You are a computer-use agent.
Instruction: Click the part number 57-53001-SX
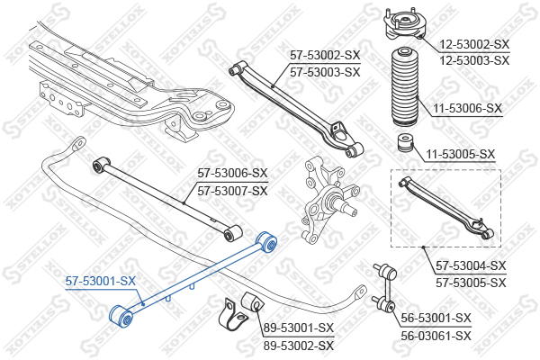(101, 282)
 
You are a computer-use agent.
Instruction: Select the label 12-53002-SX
(474, 44)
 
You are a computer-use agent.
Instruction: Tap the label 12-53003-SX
(474, 59)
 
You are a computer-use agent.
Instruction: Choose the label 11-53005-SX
(461, 154)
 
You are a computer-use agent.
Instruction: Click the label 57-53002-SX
(324, 56)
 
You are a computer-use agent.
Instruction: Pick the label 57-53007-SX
(233, 190)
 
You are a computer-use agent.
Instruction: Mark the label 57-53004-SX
(471, 266)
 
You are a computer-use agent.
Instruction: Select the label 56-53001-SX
(436, 318)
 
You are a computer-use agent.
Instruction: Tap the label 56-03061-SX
(436, 336)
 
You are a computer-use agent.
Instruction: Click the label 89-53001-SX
(298, 328)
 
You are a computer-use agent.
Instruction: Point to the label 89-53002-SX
(298, 345)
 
